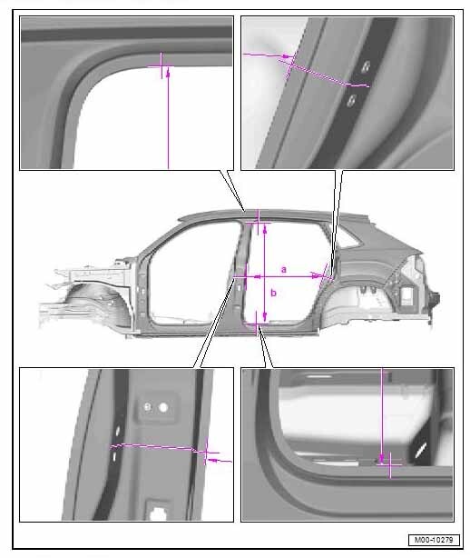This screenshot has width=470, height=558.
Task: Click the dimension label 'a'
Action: click(x=283, y=269)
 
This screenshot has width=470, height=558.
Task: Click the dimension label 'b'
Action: click(x=273, y=293)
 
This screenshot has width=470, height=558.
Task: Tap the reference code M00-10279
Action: click(x=434, y=540)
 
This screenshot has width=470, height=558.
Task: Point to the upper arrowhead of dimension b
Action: click(x=265, y=230)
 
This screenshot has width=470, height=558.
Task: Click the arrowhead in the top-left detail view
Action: click(x=168, y=74)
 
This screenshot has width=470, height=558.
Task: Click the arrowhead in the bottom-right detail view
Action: click(x=382, y=458)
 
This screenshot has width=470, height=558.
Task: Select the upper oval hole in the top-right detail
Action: click(x=366, y=66)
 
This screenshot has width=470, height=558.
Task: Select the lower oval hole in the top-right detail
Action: click(x=351, y=101)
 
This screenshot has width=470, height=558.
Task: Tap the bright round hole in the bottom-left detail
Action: click(x=163, y=407)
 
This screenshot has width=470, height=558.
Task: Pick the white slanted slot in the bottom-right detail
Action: click(x=421, y=451)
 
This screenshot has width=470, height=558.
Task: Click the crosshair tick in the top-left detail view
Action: click(x=161, y=65)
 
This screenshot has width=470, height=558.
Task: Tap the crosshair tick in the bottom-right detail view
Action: click(x=390, y=464)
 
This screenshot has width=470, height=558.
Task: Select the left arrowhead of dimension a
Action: click(x=259, y=276)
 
